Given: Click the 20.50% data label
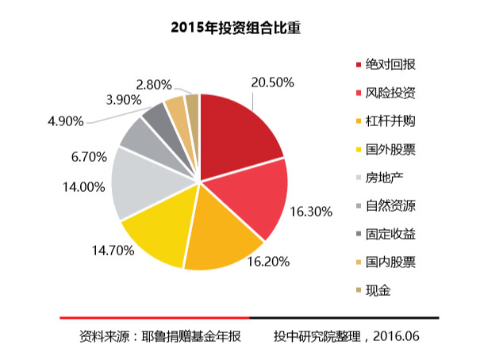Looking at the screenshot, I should pyautogui.click(x=273, y=82).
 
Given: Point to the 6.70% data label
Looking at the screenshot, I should pyautogui.click(x=88, y=156).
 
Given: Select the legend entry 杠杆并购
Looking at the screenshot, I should pyautogui.click(x=391, y=121).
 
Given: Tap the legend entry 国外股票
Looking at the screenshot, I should pyautogui.click(x=391, y=149).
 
